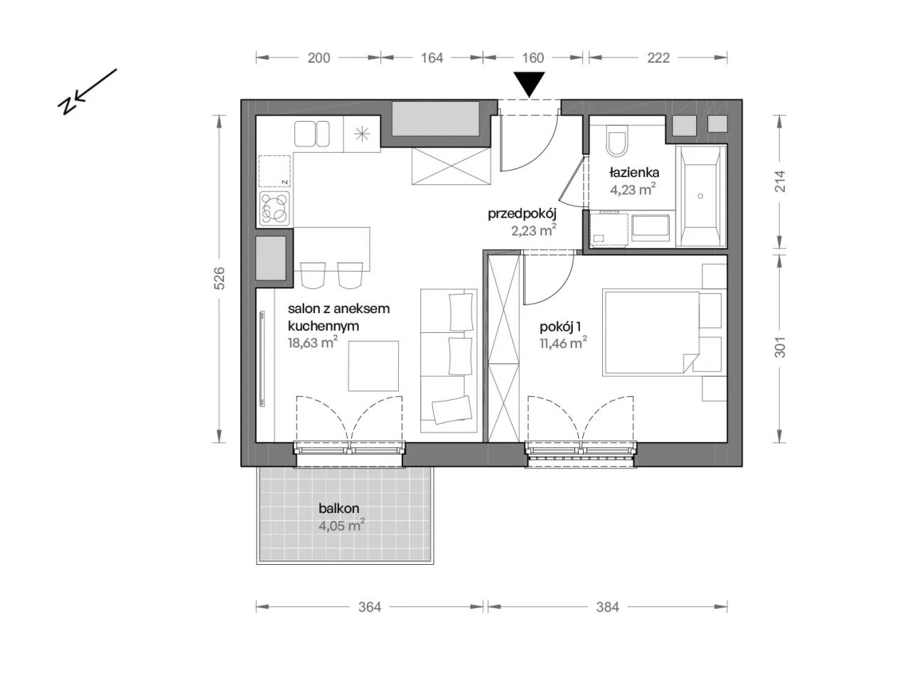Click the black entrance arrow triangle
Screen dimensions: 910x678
pos(529,84)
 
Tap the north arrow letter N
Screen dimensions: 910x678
pos(68,105)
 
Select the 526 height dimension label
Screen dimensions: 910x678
pos(220,278)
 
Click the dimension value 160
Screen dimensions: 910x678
pos(532,58)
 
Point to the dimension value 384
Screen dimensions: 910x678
pos(607,607)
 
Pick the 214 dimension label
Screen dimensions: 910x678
pos(779,181)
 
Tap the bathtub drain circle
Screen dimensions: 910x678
pos(700,196)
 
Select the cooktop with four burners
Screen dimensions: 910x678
pos(274,209)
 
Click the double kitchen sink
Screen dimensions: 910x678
pos(311,134)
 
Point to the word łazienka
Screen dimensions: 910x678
pos(634,172)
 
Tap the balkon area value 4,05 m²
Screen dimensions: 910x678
pos(341,526)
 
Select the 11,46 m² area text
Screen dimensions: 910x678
pos(563,343)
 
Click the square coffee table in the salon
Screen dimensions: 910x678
pos(373,366)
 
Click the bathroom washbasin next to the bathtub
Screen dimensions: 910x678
pos(651,228)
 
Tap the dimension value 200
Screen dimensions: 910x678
pos(318,58)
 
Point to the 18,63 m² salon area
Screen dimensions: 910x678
pos(313,342)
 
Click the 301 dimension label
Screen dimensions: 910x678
pos(779,347)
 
